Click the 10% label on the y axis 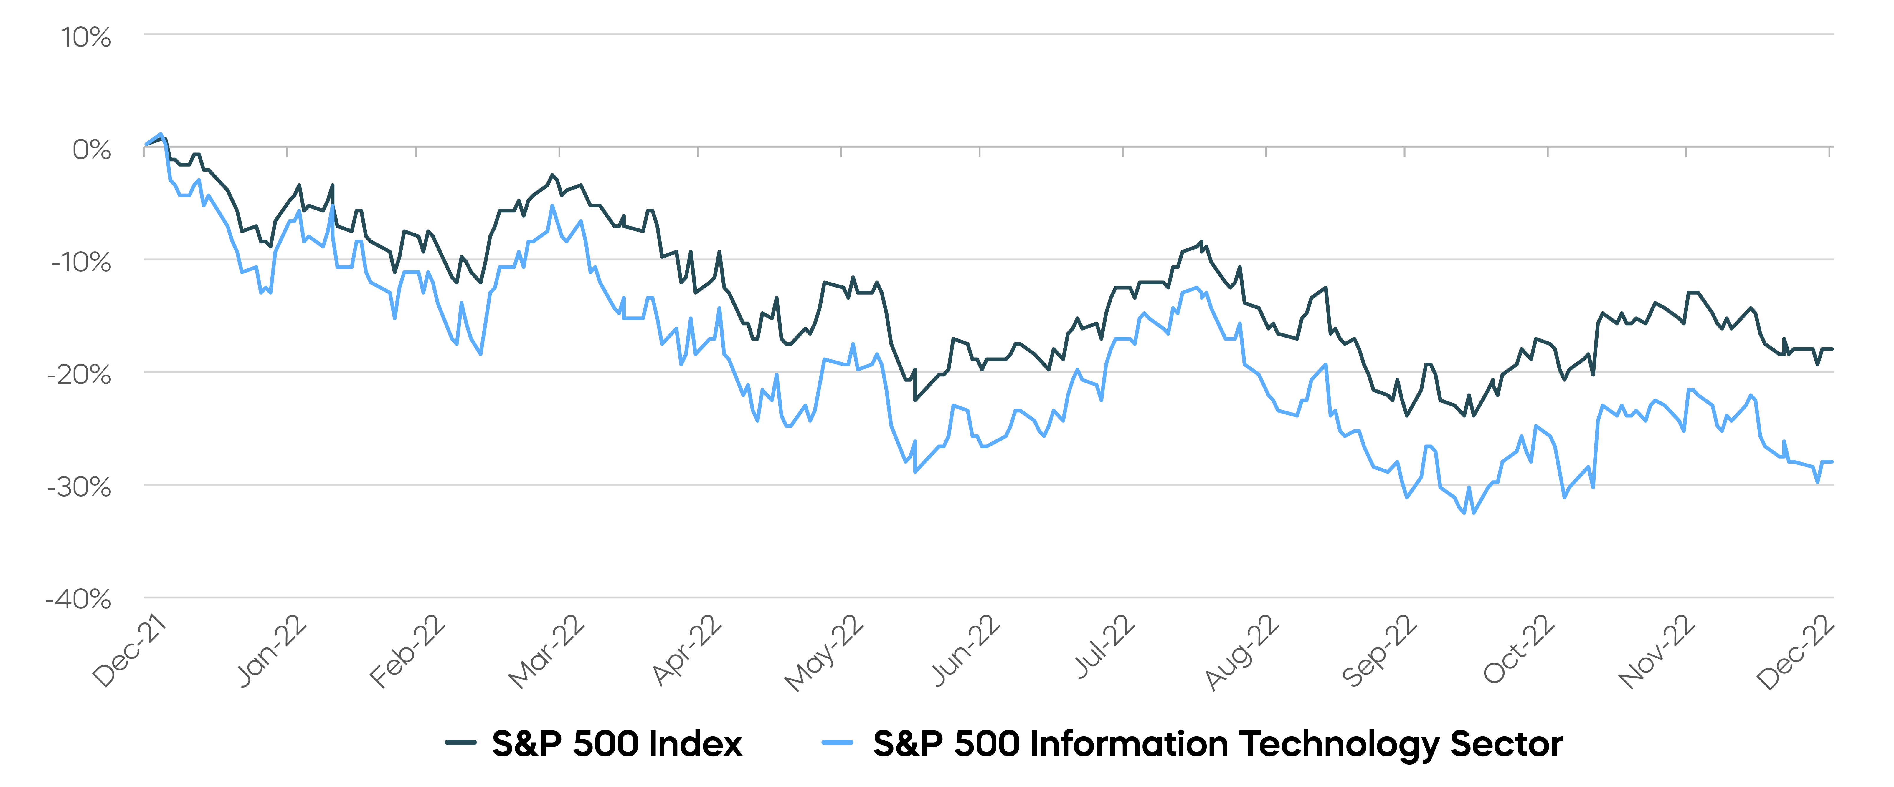pos(86,37)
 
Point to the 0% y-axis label pos(91,150)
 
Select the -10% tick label pos(81,262)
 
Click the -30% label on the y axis pos(80,487)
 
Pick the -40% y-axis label pos(79,600)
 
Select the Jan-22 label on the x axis pos(271,650)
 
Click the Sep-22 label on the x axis pos(1379,650)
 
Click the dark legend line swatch pos(460,743)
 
